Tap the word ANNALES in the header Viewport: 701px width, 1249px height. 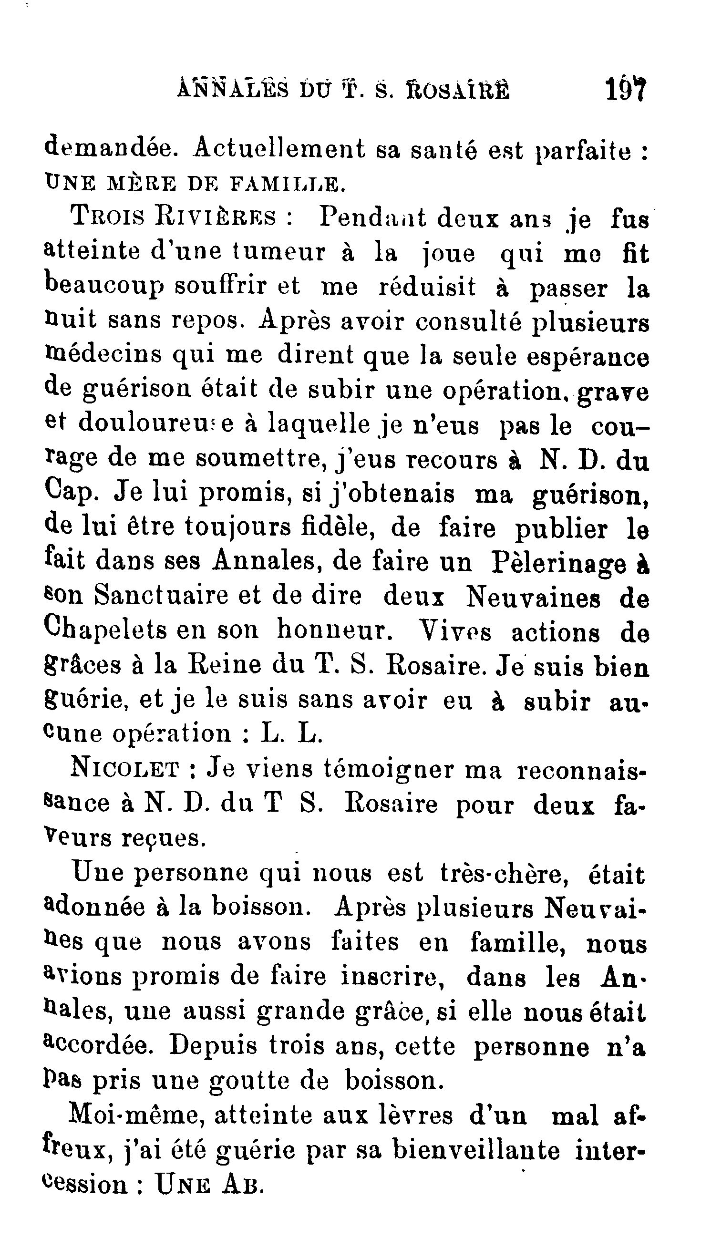[233, 90]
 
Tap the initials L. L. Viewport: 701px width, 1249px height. [291, 733]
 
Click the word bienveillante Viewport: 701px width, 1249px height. [475, 1150]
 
